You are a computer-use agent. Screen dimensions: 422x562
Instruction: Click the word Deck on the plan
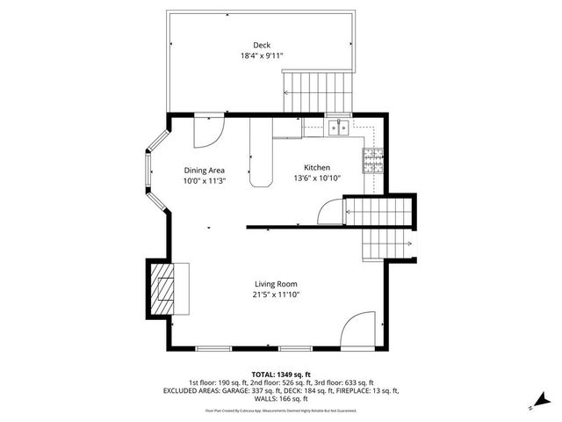tap(262, 45)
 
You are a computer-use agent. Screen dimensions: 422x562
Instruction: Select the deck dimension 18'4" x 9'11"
tap(262, 55)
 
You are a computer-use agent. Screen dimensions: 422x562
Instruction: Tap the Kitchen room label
tap(317, 168)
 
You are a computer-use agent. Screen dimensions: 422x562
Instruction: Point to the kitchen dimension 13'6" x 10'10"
tap(317, 178)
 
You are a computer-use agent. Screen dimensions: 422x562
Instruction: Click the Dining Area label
tap(205, 171)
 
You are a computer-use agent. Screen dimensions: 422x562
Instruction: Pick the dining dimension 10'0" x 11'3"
tap(205, 181)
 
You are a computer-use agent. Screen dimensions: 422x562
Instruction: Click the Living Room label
tap(277, 284)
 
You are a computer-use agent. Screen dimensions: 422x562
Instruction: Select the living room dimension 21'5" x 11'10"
tap(277, 295)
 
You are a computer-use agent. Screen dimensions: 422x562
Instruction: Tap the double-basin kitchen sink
tap(339, 129)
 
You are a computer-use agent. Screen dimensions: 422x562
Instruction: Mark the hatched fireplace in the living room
tap(163, 287)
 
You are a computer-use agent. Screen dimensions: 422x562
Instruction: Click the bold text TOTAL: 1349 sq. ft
tap(280, 374)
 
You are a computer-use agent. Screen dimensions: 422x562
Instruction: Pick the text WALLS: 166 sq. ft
tap(280, 398)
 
